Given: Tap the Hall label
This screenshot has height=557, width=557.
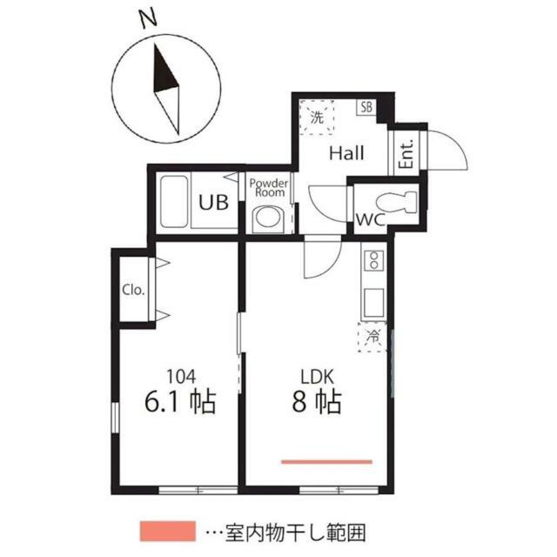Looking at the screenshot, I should pos(346,154).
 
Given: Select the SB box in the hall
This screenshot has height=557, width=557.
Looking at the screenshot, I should pos(367,108).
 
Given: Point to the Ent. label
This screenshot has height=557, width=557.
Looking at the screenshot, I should pos(406,155).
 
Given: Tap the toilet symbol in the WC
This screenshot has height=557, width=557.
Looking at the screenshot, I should pos(399,201).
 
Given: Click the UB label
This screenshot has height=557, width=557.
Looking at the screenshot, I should pos(213,204).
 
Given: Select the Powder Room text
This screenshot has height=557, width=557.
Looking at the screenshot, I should pos(268,189).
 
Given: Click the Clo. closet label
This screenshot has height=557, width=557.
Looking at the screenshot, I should pos(133,289).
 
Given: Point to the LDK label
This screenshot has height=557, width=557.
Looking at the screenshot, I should pos(318,378).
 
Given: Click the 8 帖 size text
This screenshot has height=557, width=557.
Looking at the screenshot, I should pos(316,403).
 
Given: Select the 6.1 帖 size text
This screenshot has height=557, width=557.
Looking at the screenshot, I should pos(178,403).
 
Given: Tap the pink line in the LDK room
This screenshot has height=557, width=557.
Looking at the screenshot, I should pos(326,461).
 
